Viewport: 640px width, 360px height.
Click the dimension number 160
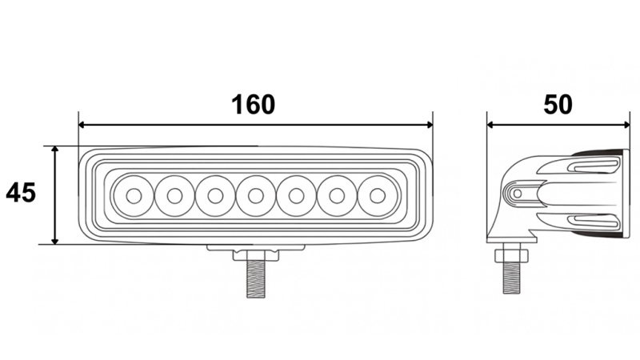coord(253,105)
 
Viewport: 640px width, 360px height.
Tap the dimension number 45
coord(21,193)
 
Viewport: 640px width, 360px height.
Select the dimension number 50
coord(558,105)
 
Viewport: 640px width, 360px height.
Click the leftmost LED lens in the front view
coord(132,195)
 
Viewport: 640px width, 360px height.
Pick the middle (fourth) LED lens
coord(255,195)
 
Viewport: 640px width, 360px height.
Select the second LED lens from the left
coord(173,195)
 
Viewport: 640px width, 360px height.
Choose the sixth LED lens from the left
coord(337,195)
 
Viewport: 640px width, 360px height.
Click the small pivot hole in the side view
coord(518,194)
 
